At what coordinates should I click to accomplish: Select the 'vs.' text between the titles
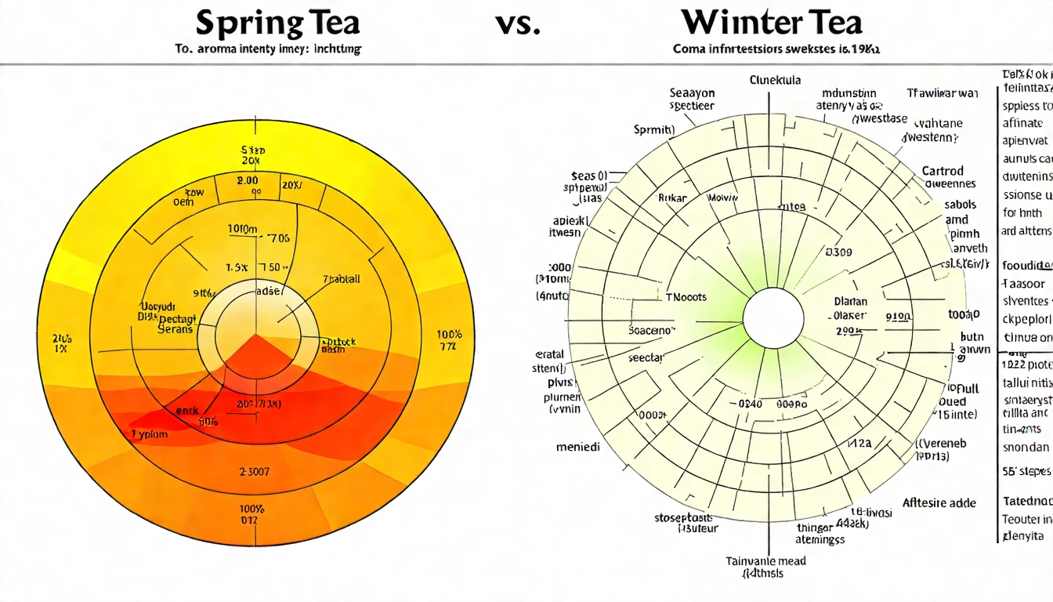tap(517, 24)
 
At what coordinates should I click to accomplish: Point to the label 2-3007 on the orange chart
tap(253, 472)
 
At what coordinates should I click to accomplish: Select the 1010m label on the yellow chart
tap(243, 229)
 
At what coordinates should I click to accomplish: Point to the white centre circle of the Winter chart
tap(773, 319)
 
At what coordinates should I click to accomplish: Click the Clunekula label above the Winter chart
tap(776, 80)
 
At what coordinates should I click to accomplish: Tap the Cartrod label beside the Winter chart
tap(943, 170)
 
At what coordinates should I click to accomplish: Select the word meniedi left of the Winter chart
tap(578, 447)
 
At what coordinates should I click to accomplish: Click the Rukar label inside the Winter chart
tap(672, 198)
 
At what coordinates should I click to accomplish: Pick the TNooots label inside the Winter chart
tap(686, 297)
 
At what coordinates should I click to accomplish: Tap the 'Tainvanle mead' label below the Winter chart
tap(767, 560)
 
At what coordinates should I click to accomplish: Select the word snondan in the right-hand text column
tap(1025, 447)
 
